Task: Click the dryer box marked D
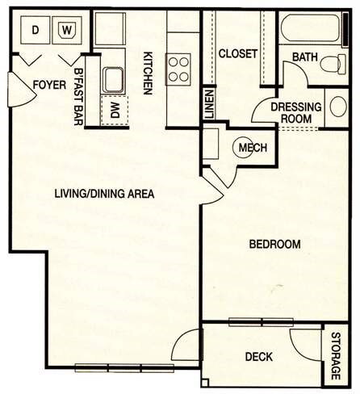pos(35,31)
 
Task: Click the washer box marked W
pos(66,31)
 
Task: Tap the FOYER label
pos(48,85)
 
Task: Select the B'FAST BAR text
pos(79,94)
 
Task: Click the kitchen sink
pos(114,80)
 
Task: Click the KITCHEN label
pos(149,75)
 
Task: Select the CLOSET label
pos(238,54)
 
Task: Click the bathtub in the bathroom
pos(310,29)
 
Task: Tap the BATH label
pos(304,57)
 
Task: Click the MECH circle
pos(247,148)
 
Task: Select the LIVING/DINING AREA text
pos(104,194)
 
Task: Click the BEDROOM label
pos(274,244)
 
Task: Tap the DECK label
pos(259,356)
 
